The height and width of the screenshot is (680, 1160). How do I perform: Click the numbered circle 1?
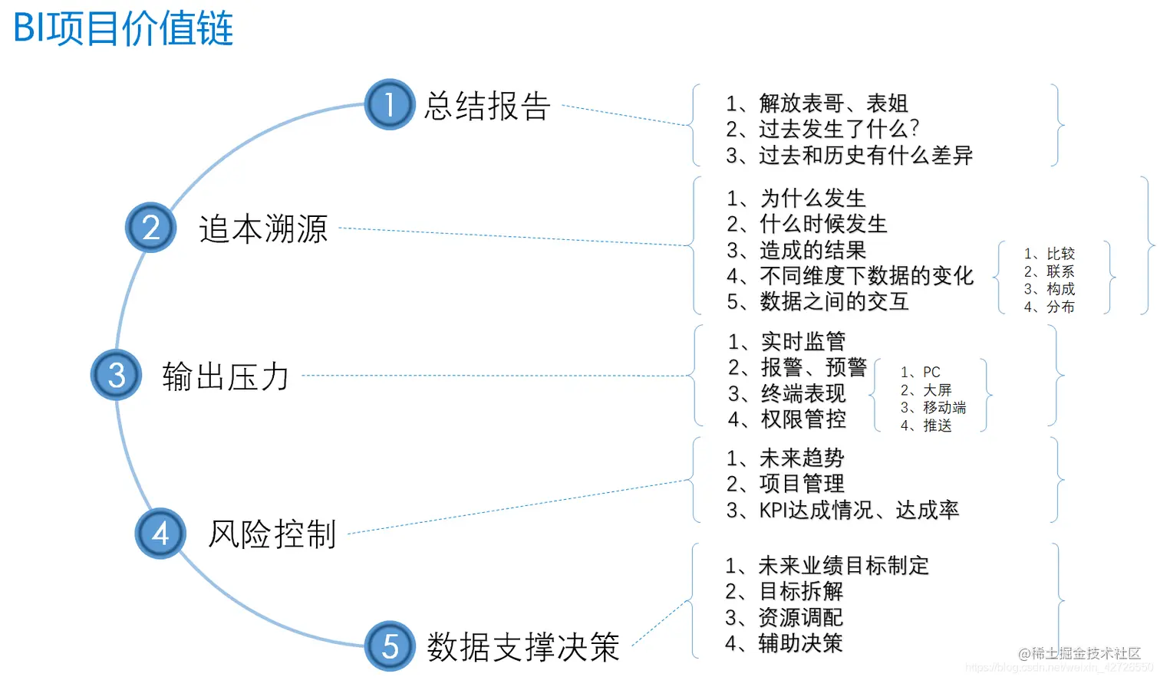point(389,104)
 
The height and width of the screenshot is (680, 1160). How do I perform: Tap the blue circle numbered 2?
point(150,228)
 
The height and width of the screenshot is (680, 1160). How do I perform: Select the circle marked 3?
point(116,375)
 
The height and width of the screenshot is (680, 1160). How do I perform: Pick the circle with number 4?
point(160,533)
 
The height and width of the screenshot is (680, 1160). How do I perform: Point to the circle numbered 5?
point(389,646)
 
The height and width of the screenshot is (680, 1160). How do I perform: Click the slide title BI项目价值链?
point(124,29)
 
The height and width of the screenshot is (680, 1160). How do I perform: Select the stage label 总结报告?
point(487,106)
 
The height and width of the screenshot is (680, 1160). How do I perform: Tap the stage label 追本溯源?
point(263,228)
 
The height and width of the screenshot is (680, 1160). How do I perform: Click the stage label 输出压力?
point(226,376)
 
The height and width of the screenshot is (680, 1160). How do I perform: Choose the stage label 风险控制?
point(272,534)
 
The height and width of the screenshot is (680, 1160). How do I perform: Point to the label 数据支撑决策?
point(523,647)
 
